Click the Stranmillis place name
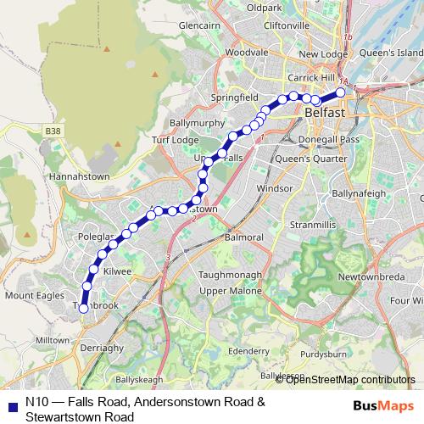314,226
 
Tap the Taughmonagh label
232,276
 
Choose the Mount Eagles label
34,295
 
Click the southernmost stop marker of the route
84,309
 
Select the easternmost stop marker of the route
341,92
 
